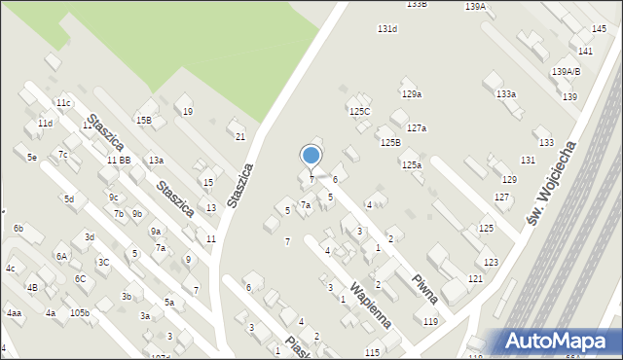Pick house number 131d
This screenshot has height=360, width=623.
tap(387, 29)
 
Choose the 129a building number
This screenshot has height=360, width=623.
tap(412, 94)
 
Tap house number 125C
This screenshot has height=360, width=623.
tap(360, 112)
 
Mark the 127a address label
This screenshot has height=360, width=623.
tap(417, 128)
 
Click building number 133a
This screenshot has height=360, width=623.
tap(505, 94)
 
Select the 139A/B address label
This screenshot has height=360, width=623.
tap(567, 72)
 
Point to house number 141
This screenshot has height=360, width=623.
tap(585, 51)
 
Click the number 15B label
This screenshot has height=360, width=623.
tap(143, 120)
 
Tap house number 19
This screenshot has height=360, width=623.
tap(188, 112)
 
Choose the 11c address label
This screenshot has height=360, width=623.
tap(63, 103)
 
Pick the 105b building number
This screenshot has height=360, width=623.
tap(80, 313)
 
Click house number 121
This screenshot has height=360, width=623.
tap(475, 279)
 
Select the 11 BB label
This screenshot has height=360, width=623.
tap(119, 160)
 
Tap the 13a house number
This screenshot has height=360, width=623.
tap(156, 160)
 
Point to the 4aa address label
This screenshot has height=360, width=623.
tap(14, 313)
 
